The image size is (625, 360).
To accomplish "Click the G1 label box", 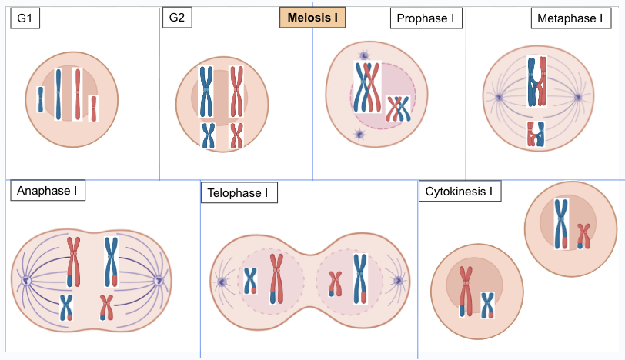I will tap(25, 18).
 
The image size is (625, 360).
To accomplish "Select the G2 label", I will tap(177, 18).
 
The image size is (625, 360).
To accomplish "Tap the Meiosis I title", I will tap(312, 17).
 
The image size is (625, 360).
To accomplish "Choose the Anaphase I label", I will tap(46, 191).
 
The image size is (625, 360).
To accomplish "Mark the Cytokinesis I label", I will tap(460, 191).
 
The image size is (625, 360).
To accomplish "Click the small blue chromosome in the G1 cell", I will tap(41, 99).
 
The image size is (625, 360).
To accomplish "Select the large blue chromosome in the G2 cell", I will tap(206, 91).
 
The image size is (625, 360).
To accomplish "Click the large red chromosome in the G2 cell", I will tap(236, 91).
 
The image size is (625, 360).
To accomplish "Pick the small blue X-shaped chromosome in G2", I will tap(208, 135).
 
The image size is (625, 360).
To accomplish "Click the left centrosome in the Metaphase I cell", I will tap(499, 98).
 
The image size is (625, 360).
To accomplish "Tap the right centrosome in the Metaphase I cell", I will tap(578, 98).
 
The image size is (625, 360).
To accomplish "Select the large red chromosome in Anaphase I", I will tap(74, 262).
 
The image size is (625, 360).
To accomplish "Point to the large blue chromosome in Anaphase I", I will tap(111, 262).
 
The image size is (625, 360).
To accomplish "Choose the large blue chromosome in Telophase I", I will tap(359, 278).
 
